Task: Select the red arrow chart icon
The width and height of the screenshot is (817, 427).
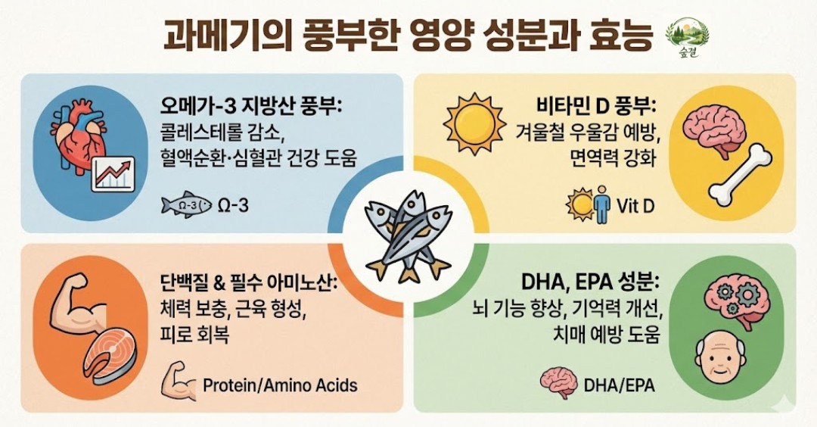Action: point(113,173)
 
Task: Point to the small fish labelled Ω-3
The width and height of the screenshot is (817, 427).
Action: point(186,205)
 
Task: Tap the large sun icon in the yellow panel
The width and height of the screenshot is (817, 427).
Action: point(474,125)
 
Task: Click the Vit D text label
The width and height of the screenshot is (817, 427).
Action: point(635,206)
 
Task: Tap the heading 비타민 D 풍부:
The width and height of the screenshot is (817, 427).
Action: point(597,107)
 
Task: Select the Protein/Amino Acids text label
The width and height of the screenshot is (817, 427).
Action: point(280,386)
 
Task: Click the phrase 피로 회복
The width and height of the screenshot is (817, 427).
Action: point(194,334)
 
